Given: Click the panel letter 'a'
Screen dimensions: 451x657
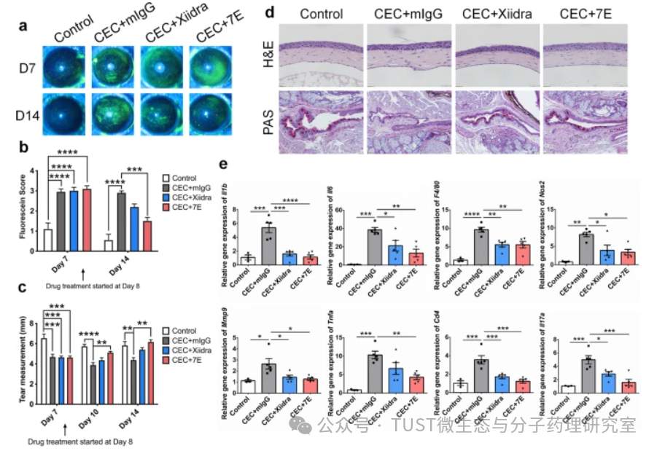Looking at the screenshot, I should [x=23, y=26].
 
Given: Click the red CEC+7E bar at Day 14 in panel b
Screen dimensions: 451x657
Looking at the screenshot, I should [x=147, y=235].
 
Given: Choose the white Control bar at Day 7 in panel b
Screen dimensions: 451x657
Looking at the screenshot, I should [x=48, y=239].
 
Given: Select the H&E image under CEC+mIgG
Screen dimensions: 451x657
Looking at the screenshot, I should [x=409, y=55].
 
